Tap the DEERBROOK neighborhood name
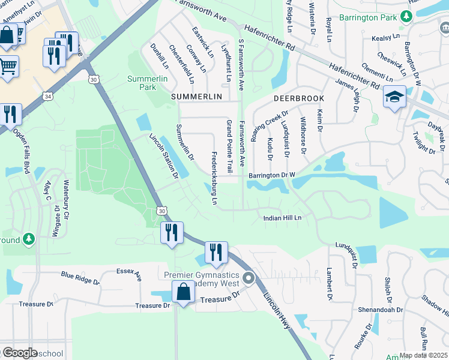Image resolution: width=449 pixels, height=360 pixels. tap(299, 98)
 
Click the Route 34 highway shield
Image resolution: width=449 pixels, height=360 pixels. tap(47, 96)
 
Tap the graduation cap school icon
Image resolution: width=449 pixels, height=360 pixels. tap(394, 97)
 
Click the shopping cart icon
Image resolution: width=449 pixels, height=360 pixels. tap(8, 65)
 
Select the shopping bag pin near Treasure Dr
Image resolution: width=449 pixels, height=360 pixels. tap(183, 292)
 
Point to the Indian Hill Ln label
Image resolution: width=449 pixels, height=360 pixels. tap(282, 218)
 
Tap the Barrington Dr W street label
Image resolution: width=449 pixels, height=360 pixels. tap(272, 176)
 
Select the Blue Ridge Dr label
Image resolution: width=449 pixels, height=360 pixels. tap(80, 277)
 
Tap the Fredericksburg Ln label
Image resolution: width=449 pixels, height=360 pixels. tap(214, 178)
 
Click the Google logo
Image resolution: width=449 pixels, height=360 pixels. tap(19, 353)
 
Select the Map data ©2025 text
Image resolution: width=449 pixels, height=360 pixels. tap(423, 355)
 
